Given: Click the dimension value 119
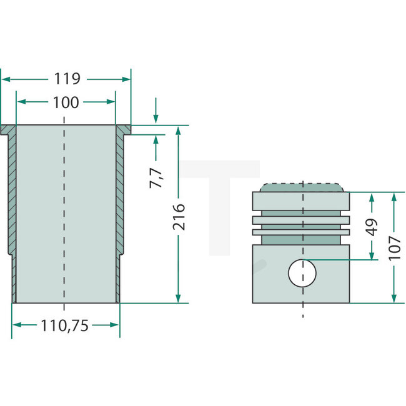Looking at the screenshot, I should tap(67, 79).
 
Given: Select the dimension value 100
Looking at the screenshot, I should tap(66, 102).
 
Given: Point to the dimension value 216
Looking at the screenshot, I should tap(179, 216).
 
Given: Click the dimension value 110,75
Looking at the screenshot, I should tap(66, 325).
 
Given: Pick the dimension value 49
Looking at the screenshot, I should tap(372, 226).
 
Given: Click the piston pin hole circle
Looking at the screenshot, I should tap(302, 273).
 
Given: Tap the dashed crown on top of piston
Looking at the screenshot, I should tap(302, 187).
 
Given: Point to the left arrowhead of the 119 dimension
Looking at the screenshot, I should tap(5, 79).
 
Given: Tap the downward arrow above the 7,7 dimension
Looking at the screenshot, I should tap(156, 119).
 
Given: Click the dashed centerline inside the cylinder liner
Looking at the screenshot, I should tap(64, 212).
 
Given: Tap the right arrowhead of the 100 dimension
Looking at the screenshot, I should tap(112, 102).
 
